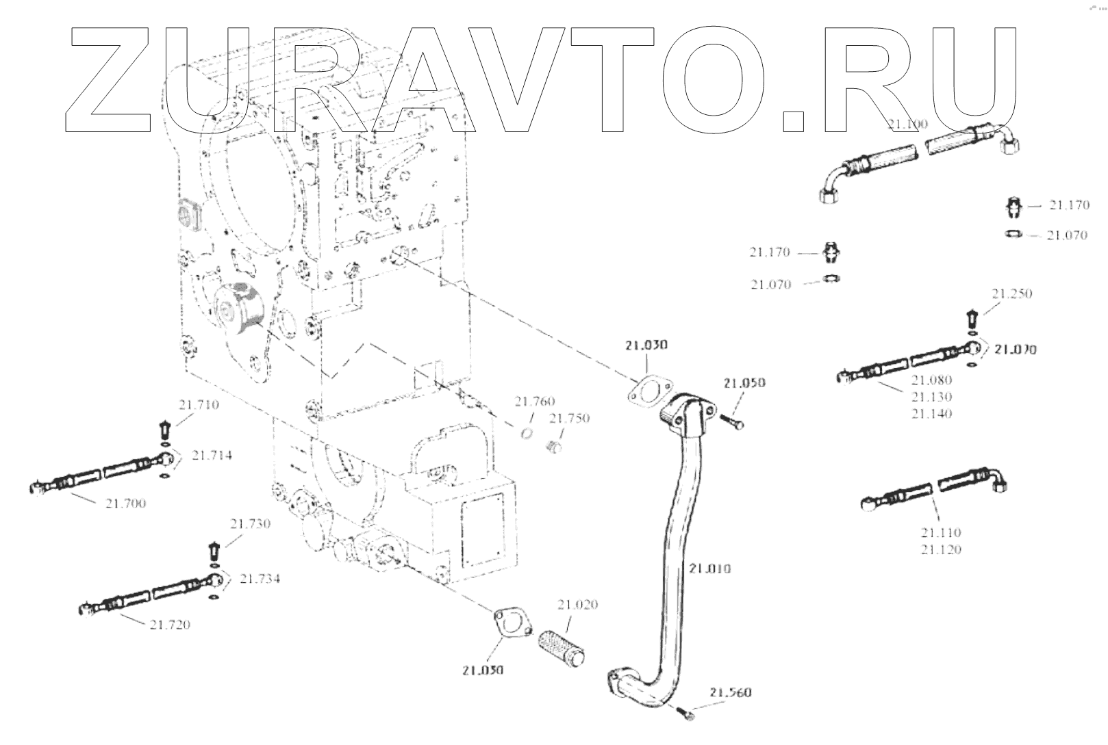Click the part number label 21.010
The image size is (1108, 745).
click(710, 568)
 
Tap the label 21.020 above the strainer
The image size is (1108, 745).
click(577, 604)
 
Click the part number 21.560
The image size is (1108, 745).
click(731, 693)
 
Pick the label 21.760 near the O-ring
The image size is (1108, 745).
click(535, 402)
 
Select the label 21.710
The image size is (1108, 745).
click(199, 404)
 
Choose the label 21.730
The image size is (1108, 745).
click(250, 524)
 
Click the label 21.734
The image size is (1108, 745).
click(260, 579)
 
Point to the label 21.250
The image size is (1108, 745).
click(1011, 293)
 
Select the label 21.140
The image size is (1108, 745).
click(931, 413)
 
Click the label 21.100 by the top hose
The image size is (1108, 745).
click(907, 124)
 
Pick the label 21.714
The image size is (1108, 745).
click(212, 455)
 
